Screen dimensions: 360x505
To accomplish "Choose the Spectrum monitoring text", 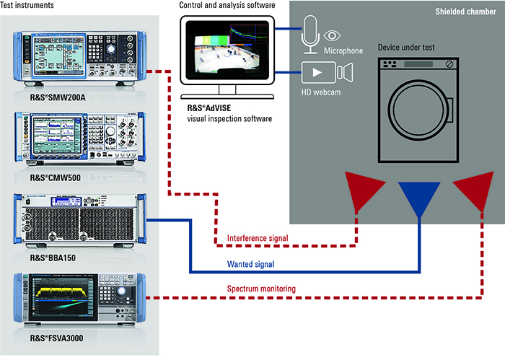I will tap(261, 289).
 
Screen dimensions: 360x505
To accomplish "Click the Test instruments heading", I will tap(29, 6).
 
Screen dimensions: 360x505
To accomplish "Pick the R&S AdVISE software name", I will tap(210, 107).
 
